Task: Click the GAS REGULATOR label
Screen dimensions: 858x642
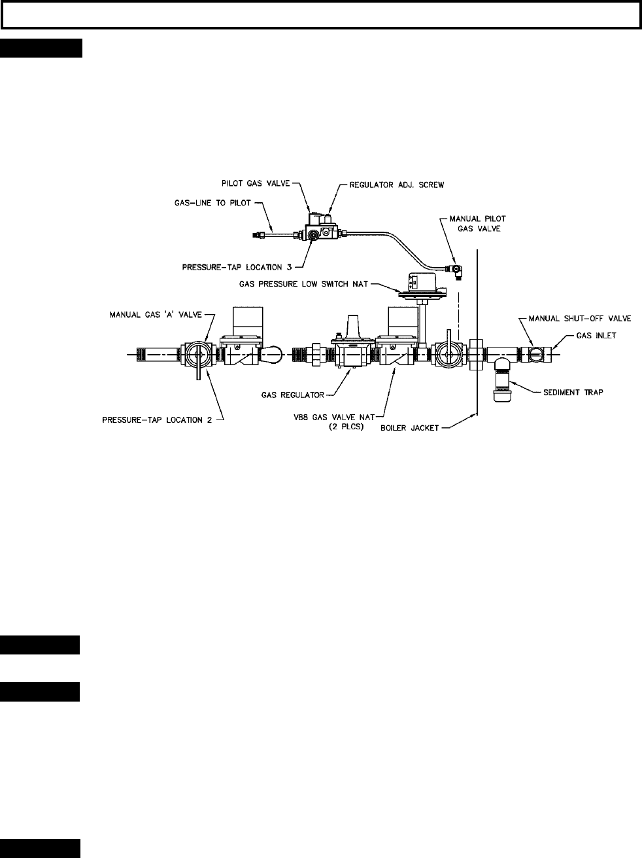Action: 293,395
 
